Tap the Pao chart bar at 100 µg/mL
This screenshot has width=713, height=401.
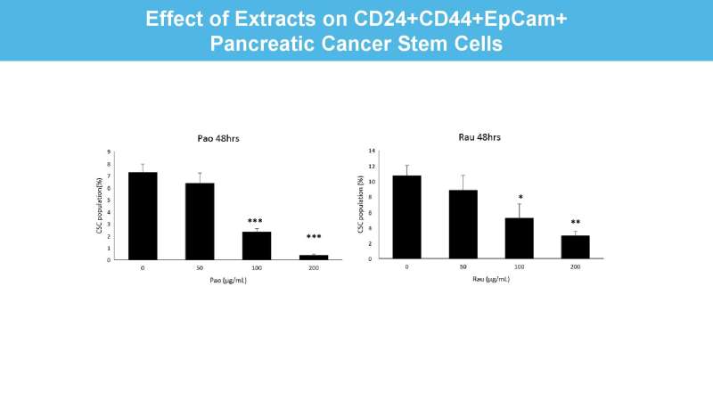(256, 245)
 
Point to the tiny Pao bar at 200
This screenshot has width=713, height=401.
(313, 257)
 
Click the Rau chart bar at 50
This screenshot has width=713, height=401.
(463, 224)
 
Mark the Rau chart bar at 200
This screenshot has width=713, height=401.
(575, 247)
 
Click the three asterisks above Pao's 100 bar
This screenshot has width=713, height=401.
(256, 221)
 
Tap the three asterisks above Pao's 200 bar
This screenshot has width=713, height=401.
(313, 238)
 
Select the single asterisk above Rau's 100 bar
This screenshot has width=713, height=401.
(519, 198)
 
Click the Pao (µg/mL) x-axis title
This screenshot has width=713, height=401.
(227, 280)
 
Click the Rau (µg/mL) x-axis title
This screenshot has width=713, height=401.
(491, 279)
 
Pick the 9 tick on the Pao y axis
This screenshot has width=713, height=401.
(111, 151)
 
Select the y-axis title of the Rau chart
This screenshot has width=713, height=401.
(361, 204)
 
